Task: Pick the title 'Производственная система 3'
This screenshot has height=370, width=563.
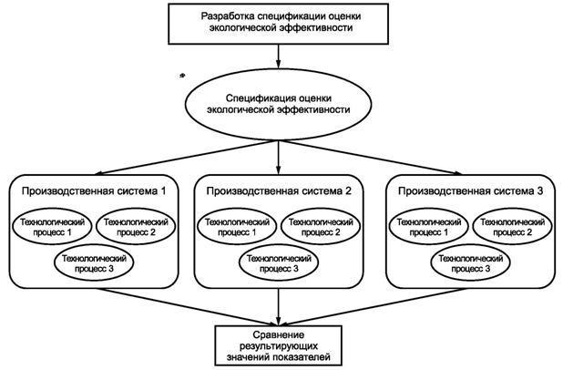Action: click(465, 190)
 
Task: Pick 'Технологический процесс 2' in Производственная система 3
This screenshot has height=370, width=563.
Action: click(507, 229)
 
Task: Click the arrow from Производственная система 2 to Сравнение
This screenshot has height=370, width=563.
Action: click(278, 306)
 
